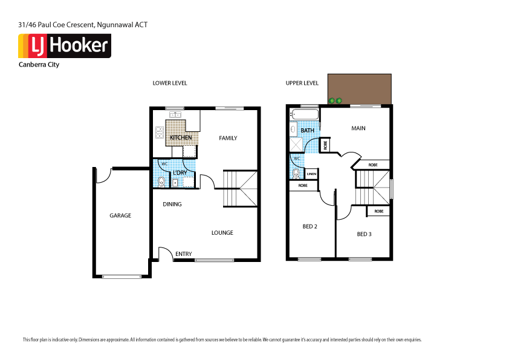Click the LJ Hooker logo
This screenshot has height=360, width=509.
[65, 46]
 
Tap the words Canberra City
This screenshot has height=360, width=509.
[39, 65]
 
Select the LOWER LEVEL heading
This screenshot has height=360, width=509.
[170, 83]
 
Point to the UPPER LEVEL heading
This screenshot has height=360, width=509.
[302, 83]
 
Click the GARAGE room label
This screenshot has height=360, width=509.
[120, 215]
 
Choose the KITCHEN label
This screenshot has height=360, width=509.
[181, 138]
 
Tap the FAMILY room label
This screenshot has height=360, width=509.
[228, 138]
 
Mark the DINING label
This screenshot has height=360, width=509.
[172, 204]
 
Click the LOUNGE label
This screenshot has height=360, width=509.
[222, 233]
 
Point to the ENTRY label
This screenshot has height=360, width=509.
[184, 254]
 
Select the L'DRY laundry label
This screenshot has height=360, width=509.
[180, 173]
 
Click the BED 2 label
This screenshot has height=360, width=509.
[310, 226]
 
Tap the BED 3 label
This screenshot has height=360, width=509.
[364, 234]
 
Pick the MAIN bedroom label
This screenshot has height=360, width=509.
[358, 128]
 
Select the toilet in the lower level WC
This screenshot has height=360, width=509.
[161, 182]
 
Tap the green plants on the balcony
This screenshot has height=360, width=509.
[336, 100]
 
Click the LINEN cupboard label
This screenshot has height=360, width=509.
[311, 174]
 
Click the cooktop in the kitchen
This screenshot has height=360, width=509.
[160, 132]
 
